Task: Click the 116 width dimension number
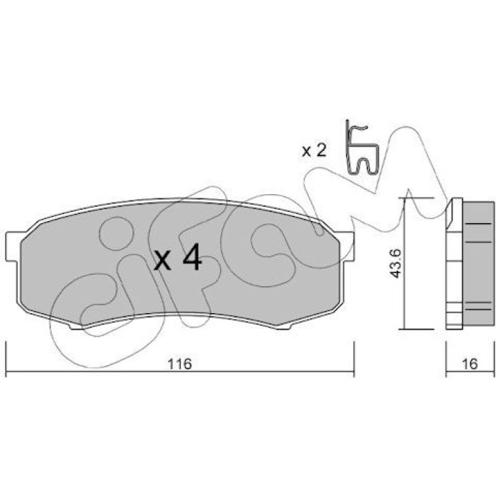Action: [x=180, y=363]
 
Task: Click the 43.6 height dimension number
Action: [x=395, y=264]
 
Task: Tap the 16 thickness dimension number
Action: [x=470, y=363]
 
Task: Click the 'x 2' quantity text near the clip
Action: [x=314, y=151]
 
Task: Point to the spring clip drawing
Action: [x=361, y=147]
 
